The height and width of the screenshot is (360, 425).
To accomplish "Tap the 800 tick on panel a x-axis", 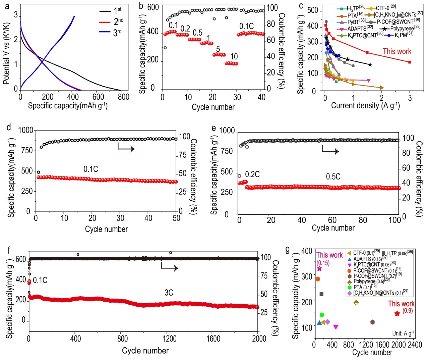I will (x=123, y=97).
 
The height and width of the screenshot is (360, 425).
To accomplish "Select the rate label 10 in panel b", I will (x=234, y=56).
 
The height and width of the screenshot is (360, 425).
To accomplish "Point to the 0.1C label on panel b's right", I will (x=246, y=27).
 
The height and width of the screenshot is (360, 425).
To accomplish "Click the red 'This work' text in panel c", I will (x=397, y=51).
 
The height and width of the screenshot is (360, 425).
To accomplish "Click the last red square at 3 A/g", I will (x=410, y=62).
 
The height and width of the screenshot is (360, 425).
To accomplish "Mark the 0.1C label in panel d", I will (x=91, y=169).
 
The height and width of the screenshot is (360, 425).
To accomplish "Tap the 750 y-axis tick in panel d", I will (x=27, y=151).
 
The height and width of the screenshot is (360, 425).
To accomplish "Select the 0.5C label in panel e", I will (x=333, y=177).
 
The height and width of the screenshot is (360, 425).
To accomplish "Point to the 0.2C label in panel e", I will (x=252, y=174).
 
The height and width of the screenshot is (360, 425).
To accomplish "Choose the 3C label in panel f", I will (x=169, y=293).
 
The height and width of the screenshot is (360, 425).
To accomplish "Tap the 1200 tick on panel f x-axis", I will (x=170, y=339).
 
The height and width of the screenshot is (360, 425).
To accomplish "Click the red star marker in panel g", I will (x=397, y=314).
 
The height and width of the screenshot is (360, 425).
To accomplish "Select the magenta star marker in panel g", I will (x=319, y=268).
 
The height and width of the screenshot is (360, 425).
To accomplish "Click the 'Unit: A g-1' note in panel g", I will (x=403, y=333).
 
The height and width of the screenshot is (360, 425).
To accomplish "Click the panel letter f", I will (x=9, y=250).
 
